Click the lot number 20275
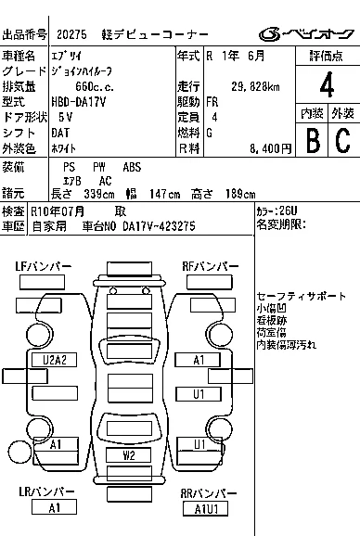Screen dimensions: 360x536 [71, 34]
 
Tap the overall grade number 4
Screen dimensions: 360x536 [327, 84]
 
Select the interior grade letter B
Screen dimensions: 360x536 [313, 139]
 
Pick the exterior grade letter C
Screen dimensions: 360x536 [343, 139]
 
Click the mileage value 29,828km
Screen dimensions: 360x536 [255, 87]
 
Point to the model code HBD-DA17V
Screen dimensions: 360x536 [79, 102]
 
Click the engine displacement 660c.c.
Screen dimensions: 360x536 [95, 87]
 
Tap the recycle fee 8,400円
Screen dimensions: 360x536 [270, 148]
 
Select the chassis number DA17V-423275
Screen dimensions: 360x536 [159, 226]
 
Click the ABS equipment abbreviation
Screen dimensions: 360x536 [132, 167]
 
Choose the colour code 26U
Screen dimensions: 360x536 [288, 211]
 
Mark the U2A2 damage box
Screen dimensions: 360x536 [55, 360]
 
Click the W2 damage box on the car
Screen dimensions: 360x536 [129, 455]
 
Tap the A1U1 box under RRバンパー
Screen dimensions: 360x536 [206, 509]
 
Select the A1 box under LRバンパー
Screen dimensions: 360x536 [54, 507]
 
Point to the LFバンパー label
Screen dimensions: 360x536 [43, 266]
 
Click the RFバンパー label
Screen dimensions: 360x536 [211, 266]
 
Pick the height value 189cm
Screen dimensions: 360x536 [240, 194]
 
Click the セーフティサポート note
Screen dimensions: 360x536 [302, 296]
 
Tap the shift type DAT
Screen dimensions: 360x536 [60, 133]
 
